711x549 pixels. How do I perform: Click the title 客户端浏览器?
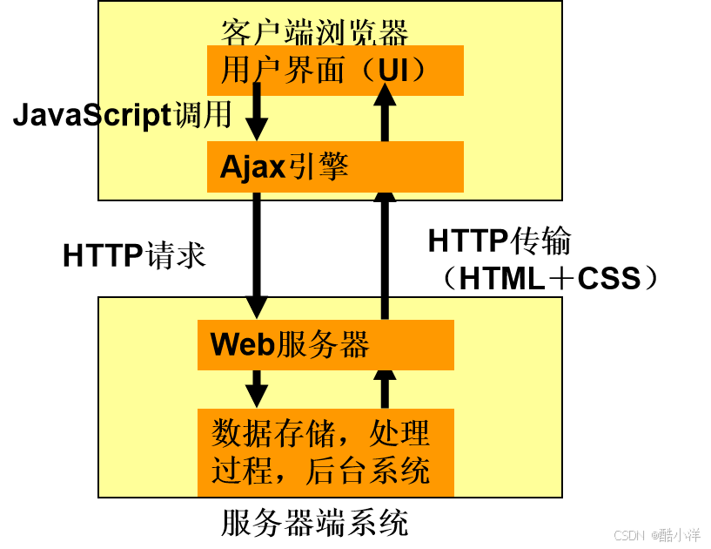tap(314, 33)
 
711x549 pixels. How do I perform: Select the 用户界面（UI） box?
tap(335, 71)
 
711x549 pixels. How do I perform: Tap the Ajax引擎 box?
tap(335, 166)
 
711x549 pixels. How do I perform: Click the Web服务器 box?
tap(325, 345)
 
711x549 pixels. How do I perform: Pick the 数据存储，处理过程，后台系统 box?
tap(325, 452)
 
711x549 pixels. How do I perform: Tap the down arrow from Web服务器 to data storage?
tap(257, 388)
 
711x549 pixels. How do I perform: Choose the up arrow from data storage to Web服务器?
tap(385, 388)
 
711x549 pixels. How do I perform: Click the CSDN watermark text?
tap(627, 534)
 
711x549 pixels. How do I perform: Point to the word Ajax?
tap(252, 166)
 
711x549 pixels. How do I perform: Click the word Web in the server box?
tap(243, 345)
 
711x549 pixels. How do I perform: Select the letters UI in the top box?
tap(392, 70)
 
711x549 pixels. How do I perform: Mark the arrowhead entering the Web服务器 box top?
tap(257, 308)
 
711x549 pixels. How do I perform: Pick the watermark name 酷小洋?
tap(679, 534)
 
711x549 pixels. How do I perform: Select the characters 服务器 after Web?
tap(323, 345)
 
